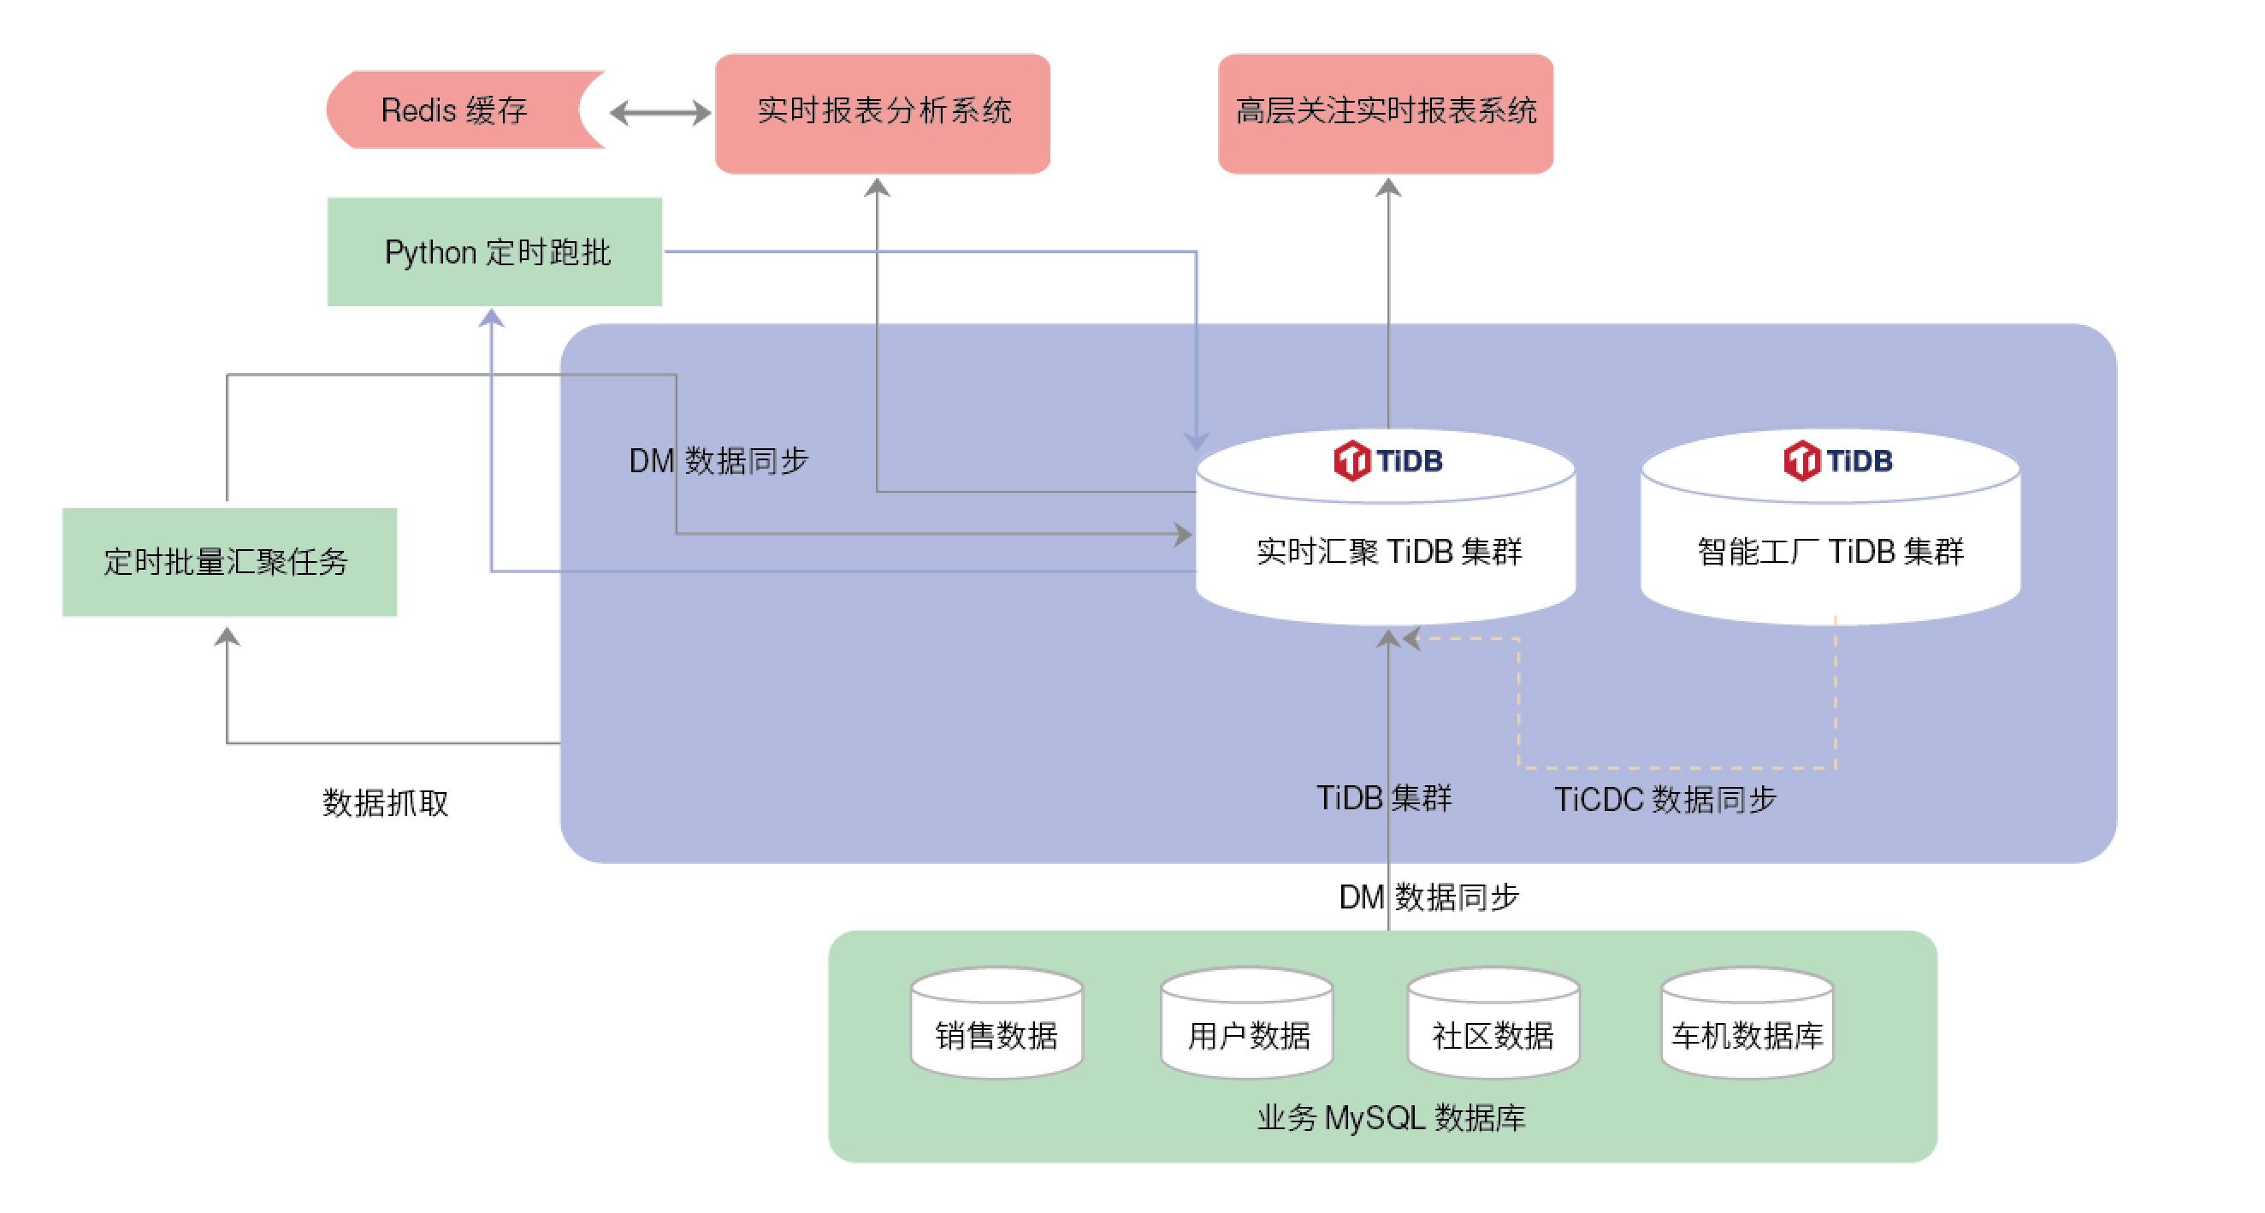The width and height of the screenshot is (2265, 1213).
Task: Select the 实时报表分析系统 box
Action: click(883, 113)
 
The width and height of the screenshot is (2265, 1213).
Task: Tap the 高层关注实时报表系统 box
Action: click(1386, 113)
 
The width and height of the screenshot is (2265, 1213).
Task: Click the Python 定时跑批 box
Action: click(495, 251)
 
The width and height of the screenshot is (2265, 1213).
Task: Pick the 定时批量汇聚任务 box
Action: click(228, 561)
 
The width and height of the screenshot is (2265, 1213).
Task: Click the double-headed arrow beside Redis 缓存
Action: click(660, 113)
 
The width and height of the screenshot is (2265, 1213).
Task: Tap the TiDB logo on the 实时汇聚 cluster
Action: click(1387, 460)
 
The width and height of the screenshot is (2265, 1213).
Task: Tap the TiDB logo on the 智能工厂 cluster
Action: click(1837, 460)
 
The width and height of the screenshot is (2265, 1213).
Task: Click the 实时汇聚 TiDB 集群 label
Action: click(1388, 552)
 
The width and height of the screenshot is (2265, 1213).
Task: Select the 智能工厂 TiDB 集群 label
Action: click(1830, 552)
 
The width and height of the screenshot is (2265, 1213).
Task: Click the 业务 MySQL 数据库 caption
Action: click(1391, 1118)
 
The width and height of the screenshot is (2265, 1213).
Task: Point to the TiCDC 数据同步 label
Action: click(1665, 800)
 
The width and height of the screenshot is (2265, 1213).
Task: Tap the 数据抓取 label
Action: click(385, 802)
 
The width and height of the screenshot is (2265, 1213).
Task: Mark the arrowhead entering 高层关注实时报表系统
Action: click(1388, 187)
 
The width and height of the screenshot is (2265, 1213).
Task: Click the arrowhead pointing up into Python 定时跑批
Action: click(492, 318)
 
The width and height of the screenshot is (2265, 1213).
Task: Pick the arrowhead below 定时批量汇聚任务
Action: click(228, 636)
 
